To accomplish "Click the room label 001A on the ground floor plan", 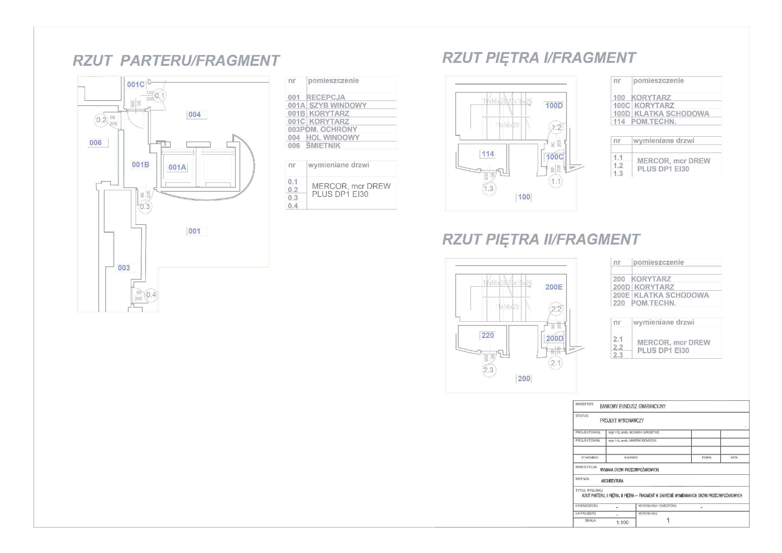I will pos(177,167).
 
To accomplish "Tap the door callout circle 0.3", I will pos(145,206).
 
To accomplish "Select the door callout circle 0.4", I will pos(151,295).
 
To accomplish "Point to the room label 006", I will pos(96,143).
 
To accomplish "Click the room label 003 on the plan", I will pos(124,268).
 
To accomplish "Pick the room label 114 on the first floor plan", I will pos(488,154).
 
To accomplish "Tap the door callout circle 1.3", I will pos(489,189).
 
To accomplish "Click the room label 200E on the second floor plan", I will pos(554,287).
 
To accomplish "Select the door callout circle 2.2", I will pos(556,309).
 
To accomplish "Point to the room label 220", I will pos(487,335).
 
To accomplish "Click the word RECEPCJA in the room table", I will pos(326,97).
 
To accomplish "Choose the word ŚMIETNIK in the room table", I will pos(323,146).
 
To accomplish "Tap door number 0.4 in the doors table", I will pos(293,206).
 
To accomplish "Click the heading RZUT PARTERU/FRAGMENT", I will pos(176,61).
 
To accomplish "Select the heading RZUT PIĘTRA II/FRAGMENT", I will pos(541,239).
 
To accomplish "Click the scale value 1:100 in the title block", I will pos(622,522).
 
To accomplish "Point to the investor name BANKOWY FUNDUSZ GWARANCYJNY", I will pos(632,406).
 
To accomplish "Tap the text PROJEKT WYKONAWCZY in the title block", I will pos(622,421).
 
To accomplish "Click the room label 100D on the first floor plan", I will pos(554,106).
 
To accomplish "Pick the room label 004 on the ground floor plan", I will pos(195,115).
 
